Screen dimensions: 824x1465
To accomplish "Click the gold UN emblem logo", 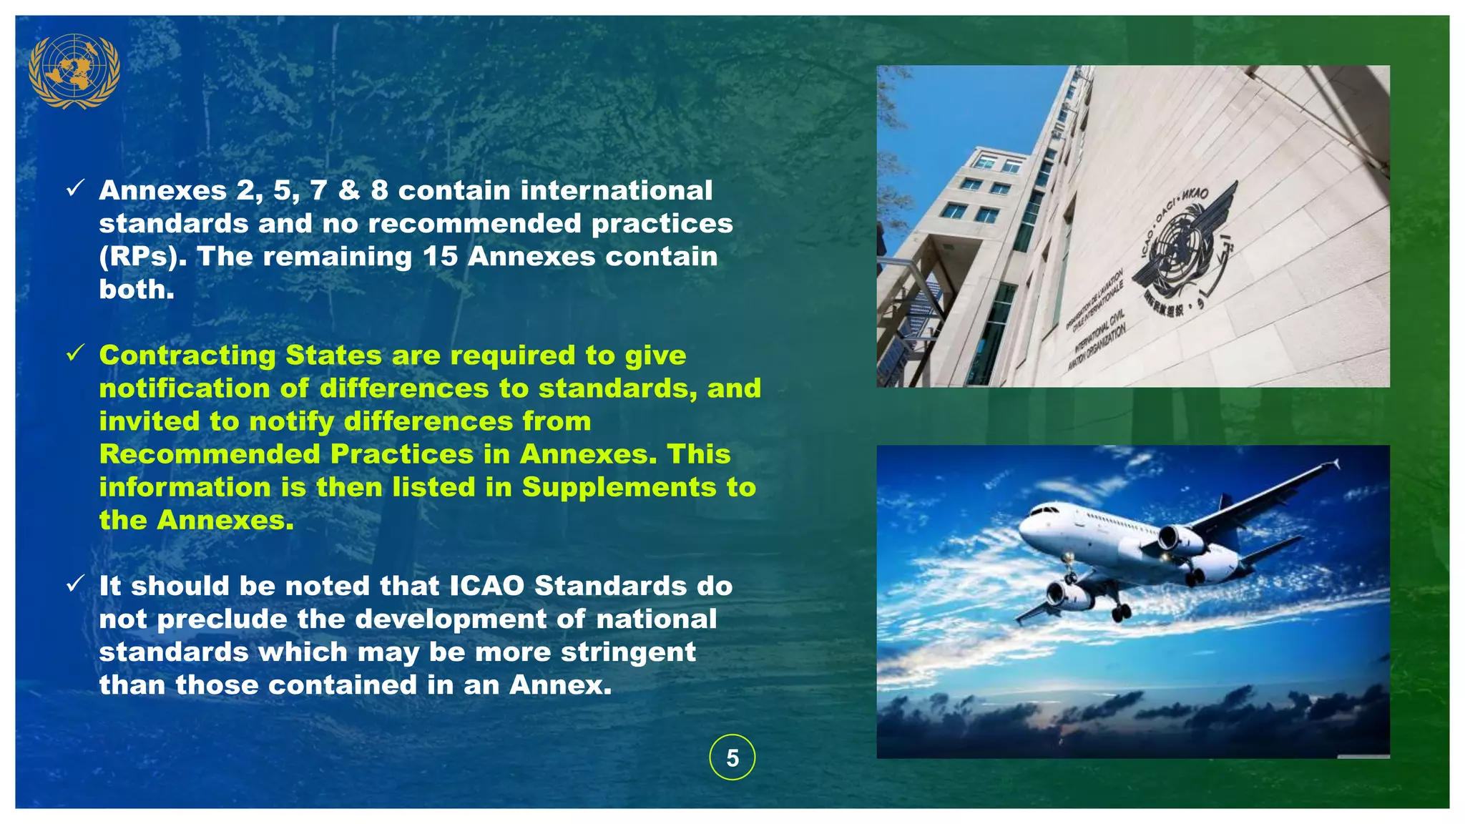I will coord(74,71).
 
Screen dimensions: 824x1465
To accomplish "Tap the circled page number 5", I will coord(732,757).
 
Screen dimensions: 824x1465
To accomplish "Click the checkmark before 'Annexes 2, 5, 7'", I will coord(75,188).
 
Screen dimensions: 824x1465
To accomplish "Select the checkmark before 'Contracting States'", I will coord(75,353).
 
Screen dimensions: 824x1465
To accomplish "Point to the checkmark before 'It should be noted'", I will coord(75,584).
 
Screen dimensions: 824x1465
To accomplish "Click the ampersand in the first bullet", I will coord(349,191).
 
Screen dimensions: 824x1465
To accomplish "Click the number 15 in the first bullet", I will coord(440,257).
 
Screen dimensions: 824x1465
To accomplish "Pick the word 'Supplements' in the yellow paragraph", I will coord(619,487).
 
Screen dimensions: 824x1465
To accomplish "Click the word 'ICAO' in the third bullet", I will coord(487,586).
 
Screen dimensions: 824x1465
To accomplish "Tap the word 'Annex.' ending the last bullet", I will coord(561,685).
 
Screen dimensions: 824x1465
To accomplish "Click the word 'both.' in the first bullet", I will coord(137,290).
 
